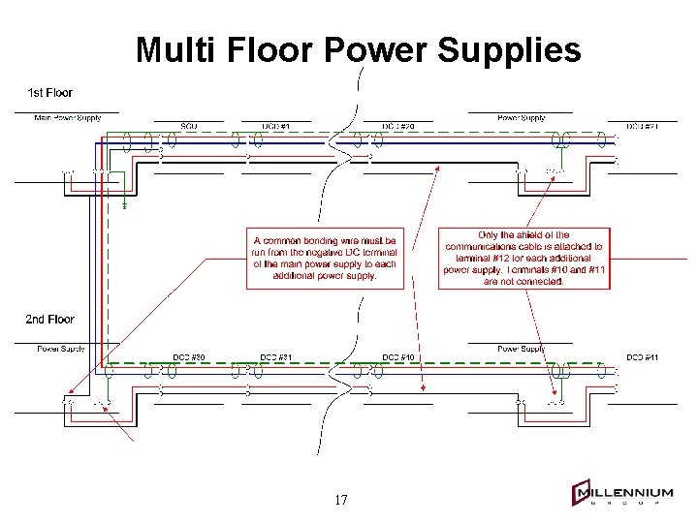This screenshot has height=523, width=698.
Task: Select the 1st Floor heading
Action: click(49, 93)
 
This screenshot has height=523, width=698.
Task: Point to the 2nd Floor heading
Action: click(49, 319)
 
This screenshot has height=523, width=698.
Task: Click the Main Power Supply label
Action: click(68, 118)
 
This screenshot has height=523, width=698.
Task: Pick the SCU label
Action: click(189, 126)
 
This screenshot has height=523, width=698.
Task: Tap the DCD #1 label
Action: click(278, 126)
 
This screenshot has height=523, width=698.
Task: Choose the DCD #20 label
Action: click(398, 126)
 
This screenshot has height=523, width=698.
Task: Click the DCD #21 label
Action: click(642, 126)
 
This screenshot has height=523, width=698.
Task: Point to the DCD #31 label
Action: click(278, 357)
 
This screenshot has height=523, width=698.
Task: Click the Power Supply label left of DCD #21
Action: click(522, 118)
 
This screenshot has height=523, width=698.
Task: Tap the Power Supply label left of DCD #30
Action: click(62, 349)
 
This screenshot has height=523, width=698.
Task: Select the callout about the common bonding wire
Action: click(325, 258)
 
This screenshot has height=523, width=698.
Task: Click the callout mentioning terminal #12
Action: click(523, 258)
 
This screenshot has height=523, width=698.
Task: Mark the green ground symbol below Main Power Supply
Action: click(125, 205)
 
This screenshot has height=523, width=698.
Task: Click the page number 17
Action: click(340, 500)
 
